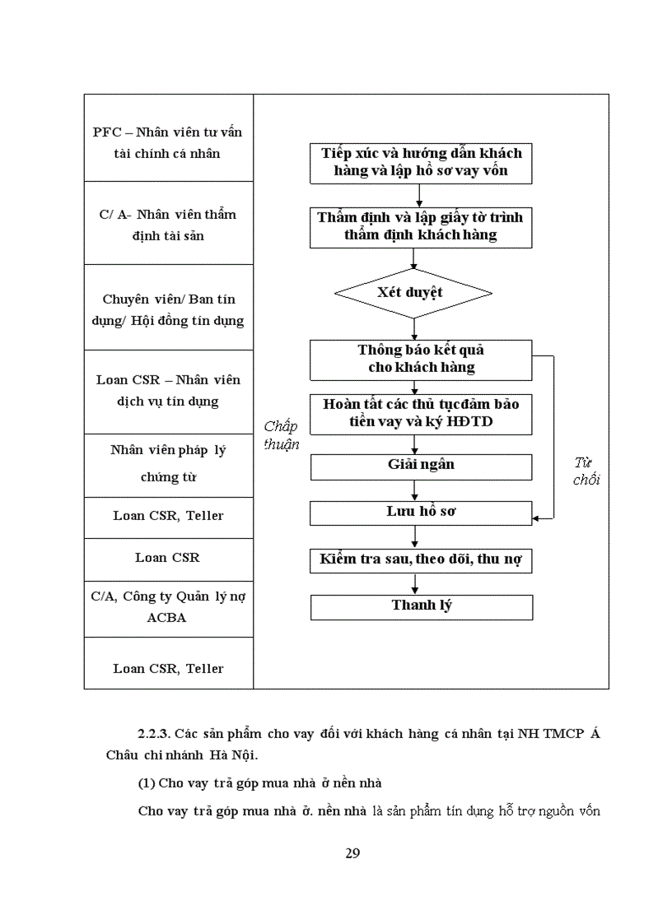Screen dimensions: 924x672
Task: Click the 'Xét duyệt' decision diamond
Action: pos(413,293)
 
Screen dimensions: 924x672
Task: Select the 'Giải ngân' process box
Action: pos(421,466)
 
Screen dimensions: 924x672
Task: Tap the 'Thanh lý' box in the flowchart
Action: pos(421,606)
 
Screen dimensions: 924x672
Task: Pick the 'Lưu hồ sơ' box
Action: pos(421,512)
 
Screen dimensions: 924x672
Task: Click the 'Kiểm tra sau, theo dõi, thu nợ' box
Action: pos(421,561)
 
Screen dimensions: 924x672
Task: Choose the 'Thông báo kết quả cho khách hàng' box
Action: pos(421,359)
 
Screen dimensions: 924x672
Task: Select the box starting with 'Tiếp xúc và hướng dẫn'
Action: pos(421,162)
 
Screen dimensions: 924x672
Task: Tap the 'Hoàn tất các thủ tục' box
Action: pos(421,414)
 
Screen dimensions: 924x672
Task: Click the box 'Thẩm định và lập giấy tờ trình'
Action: pos(421,226)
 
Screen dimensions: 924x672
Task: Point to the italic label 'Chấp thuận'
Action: pos(281,435)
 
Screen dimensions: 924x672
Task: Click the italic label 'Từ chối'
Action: pos(586,471)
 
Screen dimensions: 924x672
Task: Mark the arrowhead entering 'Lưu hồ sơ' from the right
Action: pos(537,518)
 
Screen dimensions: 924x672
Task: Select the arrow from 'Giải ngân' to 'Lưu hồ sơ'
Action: pos(415,491)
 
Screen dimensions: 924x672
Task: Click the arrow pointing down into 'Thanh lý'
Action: pos(415,585)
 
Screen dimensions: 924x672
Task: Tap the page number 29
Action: pos(352,852)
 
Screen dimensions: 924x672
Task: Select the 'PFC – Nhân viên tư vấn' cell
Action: pos(168,142)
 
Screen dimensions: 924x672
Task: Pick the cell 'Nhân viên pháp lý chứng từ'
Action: pos(168,463)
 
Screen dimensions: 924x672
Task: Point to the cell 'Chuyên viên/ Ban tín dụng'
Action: pos(168,309)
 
